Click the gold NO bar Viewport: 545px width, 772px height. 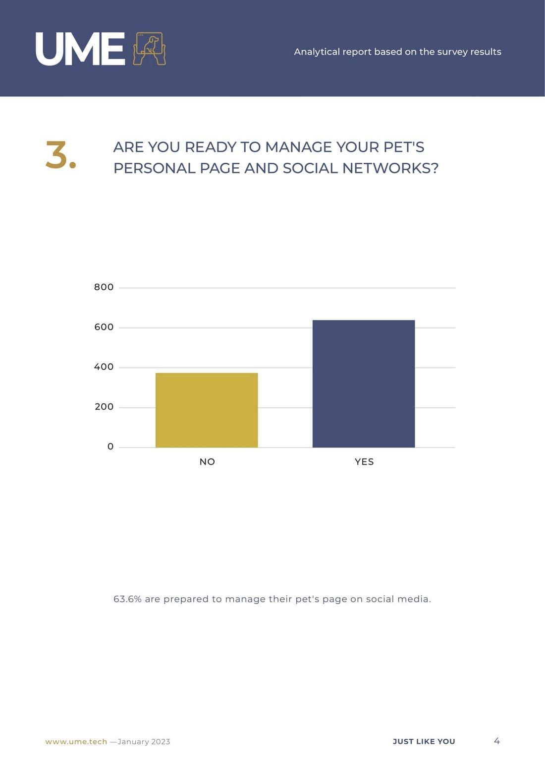click(x=207, y=410)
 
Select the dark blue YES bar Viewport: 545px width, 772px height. click(x=364, y=384)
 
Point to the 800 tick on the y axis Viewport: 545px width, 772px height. click(x=104, y=287)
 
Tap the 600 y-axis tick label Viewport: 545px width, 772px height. click(x=104, y=327)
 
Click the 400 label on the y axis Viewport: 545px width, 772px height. click(x=104, y=367)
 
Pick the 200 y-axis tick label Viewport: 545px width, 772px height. click(x=104, y=407)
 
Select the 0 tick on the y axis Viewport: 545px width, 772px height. click(x=110, y=447)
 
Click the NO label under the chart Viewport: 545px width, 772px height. click(x=207, y=462)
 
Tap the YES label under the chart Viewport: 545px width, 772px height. click(x=364, y=462)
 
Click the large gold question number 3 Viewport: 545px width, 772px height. click(x=60, y=155)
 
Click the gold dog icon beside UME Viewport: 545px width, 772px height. click(x=149, y=49)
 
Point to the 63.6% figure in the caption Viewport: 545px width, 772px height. click(x=127, y=599)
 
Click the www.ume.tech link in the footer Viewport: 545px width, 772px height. click(x=76, y=742)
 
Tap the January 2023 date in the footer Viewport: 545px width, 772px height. click(x=144, y=742)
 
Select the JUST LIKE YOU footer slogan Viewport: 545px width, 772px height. click(x=424, y=742)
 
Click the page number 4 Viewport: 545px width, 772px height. click(x=497, y=741)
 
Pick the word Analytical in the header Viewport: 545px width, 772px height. click(x=317, y=52)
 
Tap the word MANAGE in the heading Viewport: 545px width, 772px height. click(x=298, y=147)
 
